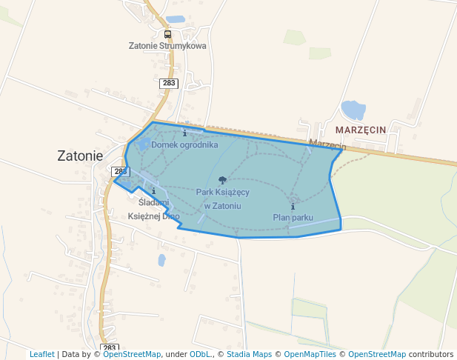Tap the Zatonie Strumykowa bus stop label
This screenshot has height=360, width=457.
click(167, 46)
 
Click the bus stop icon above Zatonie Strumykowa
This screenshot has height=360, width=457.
click(167, 34)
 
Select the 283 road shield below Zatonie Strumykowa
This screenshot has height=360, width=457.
click(168, 83)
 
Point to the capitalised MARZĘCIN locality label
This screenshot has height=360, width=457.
click(361, 130)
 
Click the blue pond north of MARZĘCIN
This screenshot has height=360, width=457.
click(353, 110)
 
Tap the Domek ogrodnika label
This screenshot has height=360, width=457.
click(184, 144)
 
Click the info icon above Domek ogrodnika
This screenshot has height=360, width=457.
click(184, 133)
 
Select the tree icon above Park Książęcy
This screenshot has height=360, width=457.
click(222, 180)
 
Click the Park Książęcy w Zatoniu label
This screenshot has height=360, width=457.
click(222, 199)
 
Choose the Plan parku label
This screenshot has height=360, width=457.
click(293, 217)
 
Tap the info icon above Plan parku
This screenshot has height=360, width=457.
click(293, 206)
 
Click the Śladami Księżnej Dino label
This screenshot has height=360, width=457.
click(154, 209)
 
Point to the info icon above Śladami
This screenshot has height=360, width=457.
click(153, 191)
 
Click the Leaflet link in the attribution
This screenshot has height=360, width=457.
click(41, 354)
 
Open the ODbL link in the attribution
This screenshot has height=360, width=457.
click(199, 354)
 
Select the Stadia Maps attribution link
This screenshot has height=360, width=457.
click(249, 354)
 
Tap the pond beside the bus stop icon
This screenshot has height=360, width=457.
click(176, 19)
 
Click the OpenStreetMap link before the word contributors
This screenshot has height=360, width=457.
click(377, 354)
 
